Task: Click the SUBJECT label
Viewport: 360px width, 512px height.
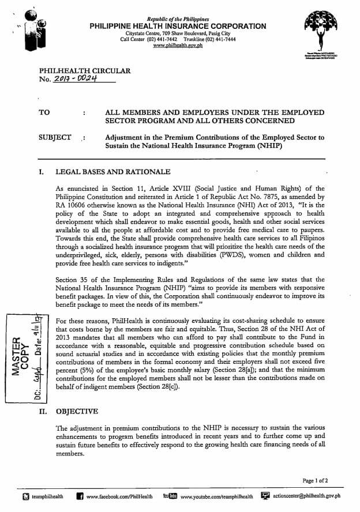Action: (55, 138)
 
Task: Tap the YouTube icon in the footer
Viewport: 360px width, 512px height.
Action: (170, 496)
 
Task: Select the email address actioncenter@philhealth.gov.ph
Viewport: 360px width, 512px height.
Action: (306, 496)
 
